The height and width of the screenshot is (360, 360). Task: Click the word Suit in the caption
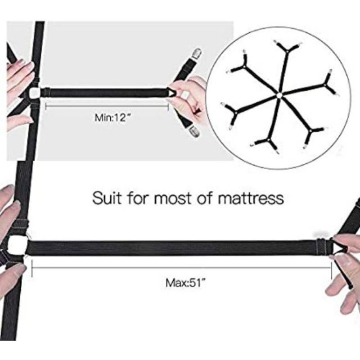(108, 198)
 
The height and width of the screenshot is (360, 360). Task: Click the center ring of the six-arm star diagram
(279, 94)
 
